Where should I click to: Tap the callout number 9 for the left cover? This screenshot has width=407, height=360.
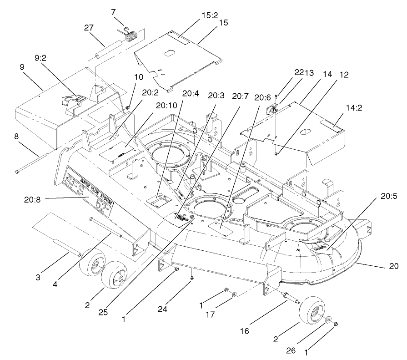tap(22, 67)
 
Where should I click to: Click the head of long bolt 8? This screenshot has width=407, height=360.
tap(17, 172)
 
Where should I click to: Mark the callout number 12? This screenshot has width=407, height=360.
tap(344, 75)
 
